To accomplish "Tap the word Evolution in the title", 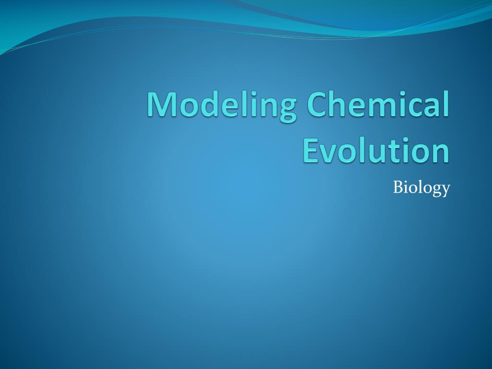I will [x=376, y=150].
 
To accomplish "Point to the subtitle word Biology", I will [x=421, y=188].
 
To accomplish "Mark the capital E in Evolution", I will [x=312, y=150].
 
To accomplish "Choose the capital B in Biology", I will [x=398, y=187].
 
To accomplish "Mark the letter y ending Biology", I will [x=445, y=190].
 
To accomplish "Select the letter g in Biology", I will [x=435, y=190].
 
